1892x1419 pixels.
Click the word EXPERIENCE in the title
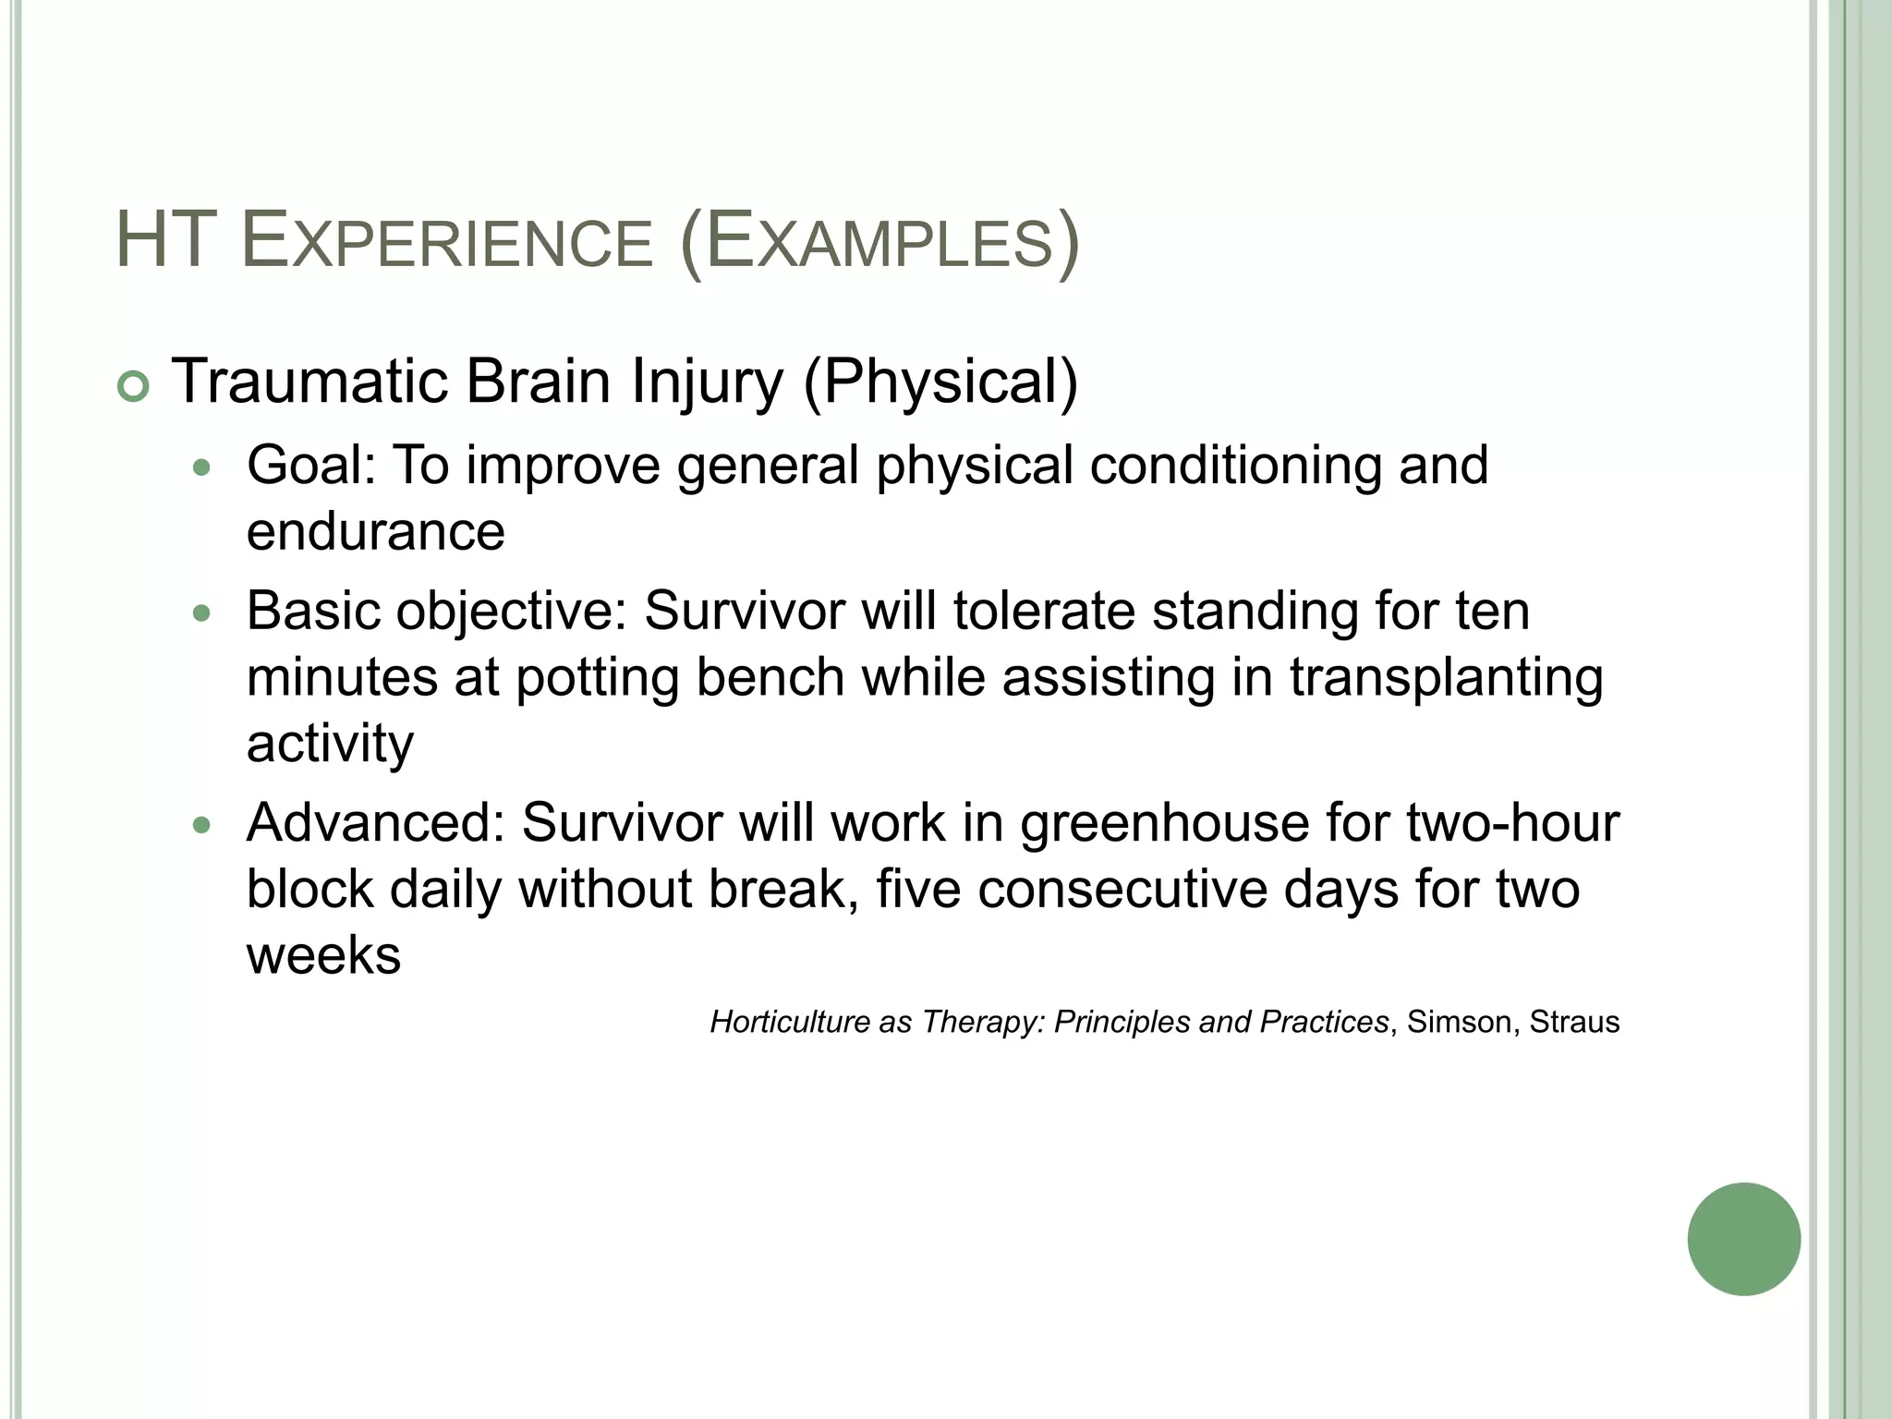coord(446,243)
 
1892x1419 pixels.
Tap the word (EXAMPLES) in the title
coord(879,243)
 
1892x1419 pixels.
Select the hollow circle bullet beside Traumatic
coord(134,387)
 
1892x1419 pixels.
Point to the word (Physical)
coord(940,382)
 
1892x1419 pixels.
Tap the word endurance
coord(375,531)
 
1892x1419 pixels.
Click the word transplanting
coord(1446,679)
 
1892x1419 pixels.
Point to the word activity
coord(330,744)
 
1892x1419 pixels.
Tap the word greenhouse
coord(1164,824)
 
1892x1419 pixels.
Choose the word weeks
coord(323,955)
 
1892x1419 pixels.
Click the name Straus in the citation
coord(1574,1022)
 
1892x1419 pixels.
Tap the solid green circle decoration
coord(1743,1240)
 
